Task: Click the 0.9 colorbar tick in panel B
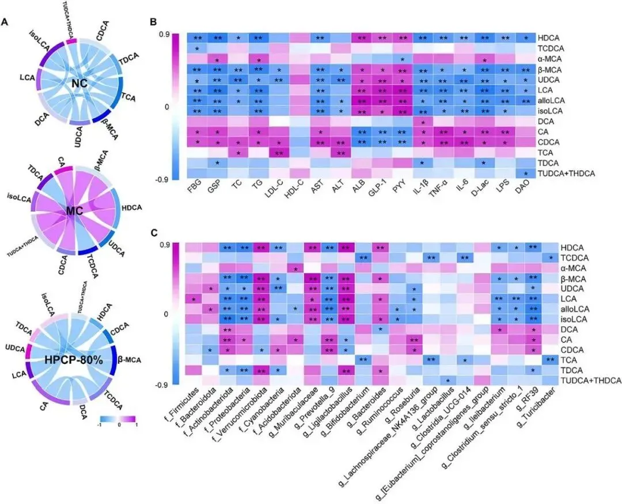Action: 164,35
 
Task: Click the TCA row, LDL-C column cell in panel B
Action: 279,152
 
